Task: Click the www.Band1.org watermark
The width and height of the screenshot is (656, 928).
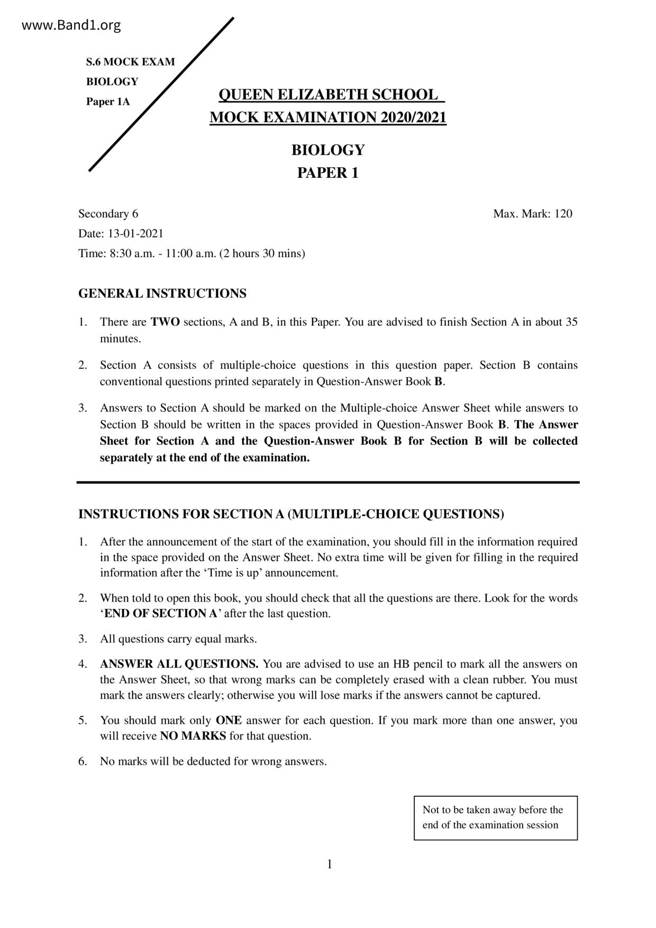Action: point(71,25)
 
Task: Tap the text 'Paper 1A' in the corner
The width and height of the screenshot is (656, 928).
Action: point(108,102)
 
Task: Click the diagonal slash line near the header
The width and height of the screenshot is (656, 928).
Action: point(161,94)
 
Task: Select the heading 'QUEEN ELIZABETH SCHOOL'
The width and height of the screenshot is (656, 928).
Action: point(328,95)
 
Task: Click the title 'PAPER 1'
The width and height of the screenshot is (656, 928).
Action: point(327,173)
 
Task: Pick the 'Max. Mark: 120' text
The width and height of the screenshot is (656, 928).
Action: point(532,214)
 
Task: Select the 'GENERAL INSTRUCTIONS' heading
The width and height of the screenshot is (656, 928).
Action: point(162,293)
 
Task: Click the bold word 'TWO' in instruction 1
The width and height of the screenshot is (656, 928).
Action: point(165,322)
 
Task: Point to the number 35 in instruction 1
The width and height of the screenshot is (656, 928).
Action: point(571,322)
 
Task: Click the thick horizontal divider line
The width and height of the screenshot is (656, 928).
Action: point(328,482)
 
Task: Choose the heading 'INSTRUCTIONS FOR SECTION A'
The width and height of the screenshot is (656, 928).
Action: point(291,514)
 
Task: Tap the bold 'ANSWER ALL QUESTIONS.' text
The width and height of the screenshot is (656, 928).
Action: point(179,663)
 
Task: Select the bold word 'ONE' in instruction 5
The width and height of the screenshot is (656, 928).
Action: point(229,720)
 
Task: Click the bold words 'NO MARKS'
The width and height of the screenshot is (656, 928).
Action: point(193,736)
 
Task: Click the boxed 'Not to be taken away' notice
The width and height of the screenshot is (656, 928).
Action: point(495,817)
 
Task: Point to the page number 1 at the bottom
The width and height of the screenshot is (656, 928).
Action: point(330,865)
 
